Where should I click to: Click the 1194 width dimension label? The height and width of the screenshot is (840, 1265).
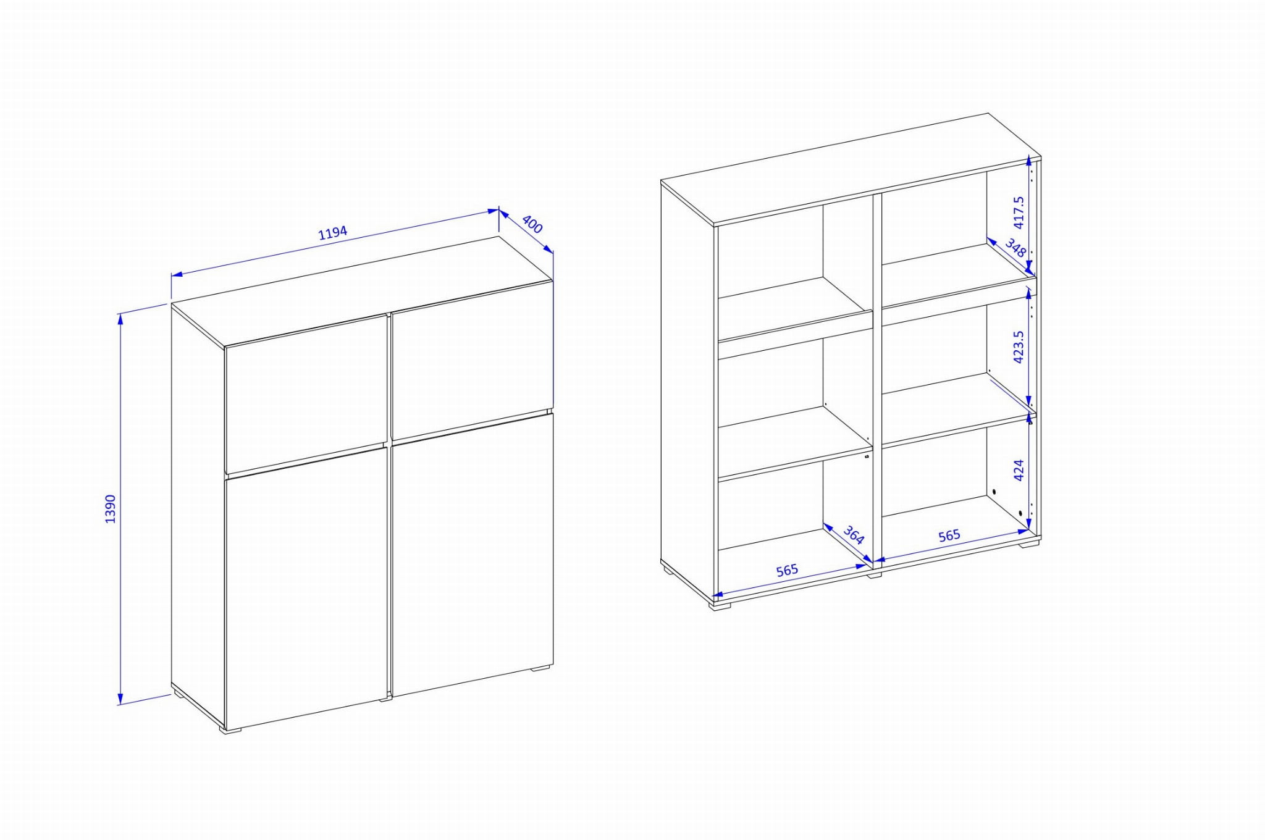pyautogui.click(x=333, y=233)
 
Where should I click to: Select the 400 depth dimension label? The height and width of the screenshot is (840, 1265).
pyautogui.click(x=532, y=224)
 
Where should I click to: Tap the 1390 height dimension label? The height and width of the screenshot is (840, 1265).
pyautogui.click(x=111, y=509)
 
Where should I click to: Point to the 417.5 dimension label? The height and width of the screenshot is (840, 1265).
pyautogui.click(x=1019, y=212)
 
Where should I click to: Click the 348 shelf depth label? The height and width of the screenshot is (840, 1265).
pyautogui.click(x=1015, y=248)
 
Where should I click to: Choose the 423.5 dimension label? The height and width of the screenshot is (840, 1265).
pyautogui.click(x=1019, y=346)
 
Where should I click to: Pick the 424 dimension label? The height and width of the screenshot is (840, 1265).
pyautogui.click(x=1019, y=470)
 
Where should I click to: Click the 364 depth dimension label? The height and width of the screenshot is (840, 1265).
pyautogui.click(x=854, y=534)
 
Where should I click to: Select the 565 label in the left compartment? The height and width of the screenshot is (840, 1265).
pyautogui.click(x=787, y=570)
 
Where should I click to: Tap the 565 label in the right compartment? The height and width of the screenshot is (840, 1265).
pyautogui.click(x=949, y=535)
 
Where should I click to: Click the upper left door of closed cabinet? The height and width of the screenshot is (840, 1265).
pyautogui.click(x=306, y=394)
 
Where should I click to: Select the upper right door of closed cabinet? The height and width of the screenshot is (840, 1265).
pyautogui.click(x=472, y=360)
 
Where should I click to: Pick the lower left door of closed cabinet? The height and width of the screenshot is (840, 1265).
pyautogui.click(x=306, y=588)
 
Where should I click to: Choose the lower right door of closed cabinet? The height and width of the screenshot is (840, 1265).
pyautogui.click(x=473, y=555)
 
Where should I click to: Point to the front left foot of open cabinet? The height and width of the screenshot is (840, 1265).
pyautogui.click(x=719, y=605)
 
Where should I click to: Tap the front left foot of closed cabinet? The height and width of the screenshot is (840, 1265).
pyautogui.click(x=230, y=730)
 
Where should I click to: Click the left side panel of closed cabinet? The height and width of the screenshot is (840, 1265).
pyautogui.click(x=198, y=515)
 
